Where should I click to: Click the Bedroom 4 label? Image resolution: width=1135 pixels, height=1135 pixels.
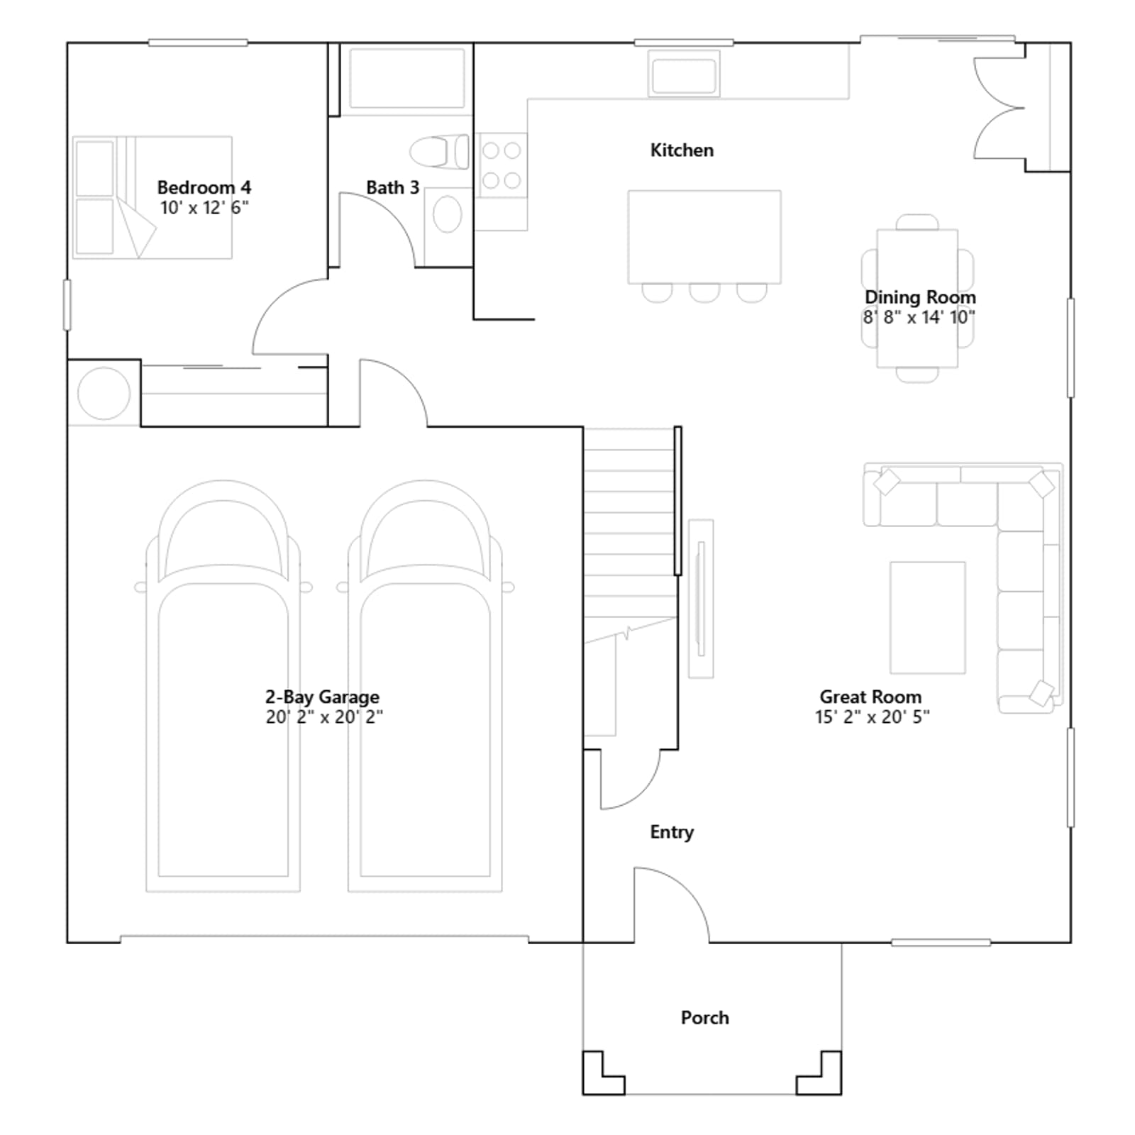click(x=204, y=188)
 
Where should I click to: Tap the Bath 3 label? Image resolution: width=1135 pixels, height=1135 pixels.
click(x=393, y=188)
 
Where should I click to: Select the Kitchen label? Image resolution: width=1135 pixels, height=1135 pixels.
click(x=682, y=150)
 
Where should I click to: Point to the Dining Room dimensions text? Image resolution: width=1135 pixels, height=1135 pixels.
click(x=919, y=317)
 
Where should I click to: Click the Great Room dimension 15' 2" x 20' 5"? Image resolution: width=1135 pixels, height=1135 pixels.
click(x=872, y=717)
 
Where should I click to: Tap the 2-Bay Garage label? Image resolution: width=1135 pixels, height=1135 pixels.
click(x=323, y=697)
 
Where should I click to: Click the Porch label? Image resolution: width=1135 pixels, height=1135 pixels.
click(x=705, y=1018)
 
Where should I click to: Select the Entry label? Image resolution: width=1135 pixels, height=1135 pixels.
click(x=672, y=832)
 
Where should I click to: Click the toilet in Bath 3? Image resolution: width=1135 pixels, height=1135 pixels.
click(x=439, y=152)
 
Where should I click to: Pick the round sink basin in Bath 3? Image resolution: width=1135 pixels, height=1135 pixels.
click(x=447, y=214)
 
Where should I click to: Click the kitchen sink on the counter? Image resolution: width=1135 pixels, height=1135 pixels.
click(x=684, y=74)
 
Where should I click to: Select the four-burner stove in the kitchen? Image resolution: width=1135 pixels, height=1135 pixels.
click(x=502, y=165)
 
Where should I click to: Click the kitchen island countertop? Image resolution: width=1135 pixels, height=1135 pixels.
click(x=704, y=237)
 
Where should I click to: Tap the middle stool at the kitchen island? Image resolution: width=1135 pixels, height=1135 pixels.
click(x=704, y=292)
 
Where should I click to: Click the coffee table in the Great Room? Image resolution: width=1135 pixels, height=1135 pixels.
click(x=928, y=617)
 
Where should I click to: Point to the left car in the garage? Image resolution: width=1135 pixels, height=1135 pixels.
click(x=223, y=686)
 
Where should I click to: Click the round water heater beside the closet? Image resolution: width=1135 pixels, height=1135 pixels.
click(x=104, y=393)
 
